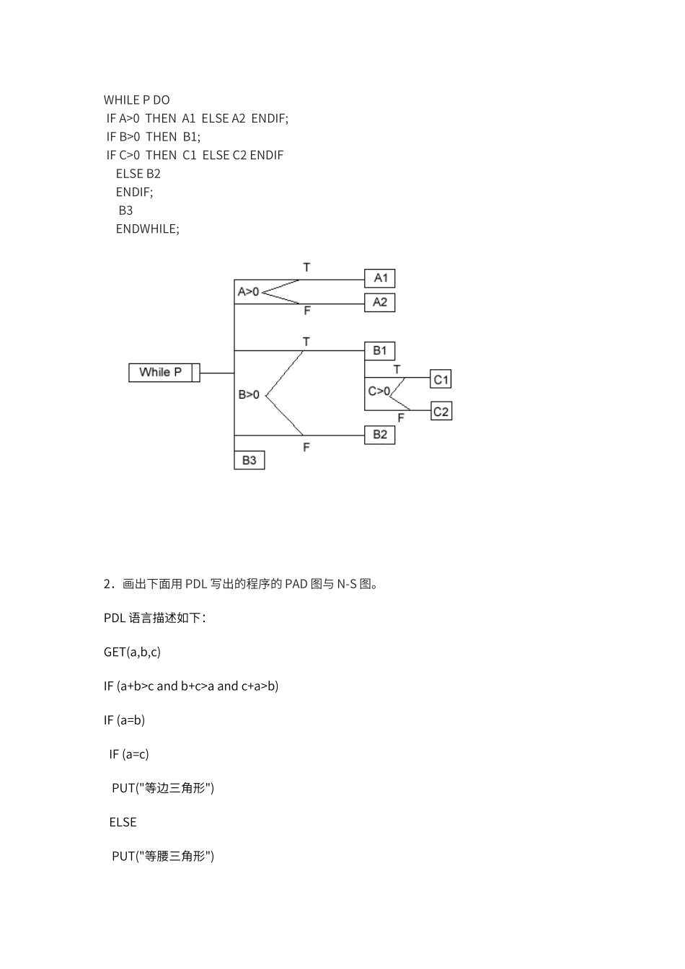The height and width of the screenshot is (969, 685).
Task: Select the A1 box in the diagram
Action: (x=380, y=278)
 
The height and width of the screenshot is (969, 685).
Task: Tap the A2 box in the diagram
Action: (x=380, y=303)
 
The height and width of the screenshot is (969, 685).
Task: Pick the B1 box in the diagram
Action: (x=380, y=351)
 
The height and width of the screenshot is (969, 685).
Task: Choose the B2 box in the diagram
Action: (x=380, y=435)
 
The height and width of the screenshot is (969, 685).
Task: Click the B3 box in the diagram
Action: (x=249, y=460)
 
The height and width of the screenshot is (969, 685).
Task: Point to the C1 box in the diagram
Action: (x=441, y=379)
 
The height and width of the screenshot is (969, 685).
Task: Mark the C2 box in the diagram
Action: (x=441, y=412)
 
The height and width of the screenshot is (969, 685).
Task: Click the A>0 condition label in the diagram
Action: (x=248, y=292)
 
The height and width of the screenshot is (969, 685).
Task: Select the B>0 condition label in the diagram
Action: (x=249, y=395)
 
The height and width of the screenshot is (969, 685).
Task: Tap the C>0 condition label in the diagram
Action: (x=379, y=391)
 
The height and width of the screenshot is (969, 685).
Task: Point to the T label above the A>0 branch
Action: (x=306, y=267)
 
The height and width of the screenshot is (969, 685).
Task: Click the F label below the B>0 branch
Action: (x=306, y=448)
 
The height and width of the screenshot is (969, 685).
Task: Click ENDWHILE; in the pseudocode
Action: (x=147, y=229)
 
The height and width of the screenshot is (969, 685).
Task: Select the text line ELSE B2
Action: (x=138, y=174)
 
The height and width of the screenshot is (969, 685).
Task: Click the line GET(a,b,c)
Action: (x=132, y=652)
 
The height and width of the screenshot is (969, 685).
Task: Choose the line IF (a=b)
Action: (x=124, y=720)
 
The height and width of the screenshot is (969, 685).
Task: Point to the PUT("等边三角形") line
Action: (x=163, y=788)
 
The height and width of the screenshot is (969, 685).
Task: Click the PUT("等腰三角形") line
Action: (x=163, y=856)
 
